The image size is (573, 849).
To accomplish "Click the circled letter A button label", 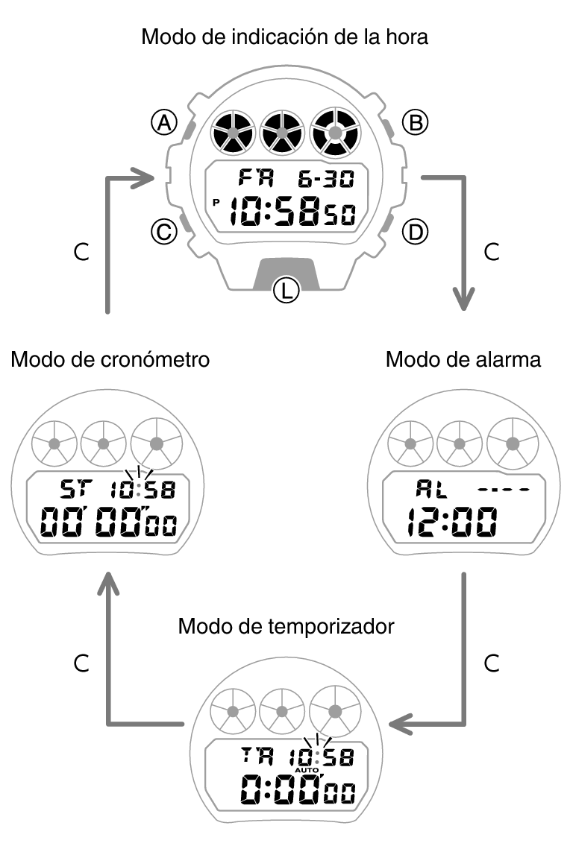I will [x=163, y=122].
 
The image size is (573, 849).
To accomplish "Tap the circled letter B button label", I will [x=415, y=122].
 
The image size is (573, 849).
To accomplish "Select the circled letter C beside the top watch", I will [x=163, y=233].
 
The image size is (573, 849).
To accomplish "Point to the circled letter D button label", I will [x=415, y=233].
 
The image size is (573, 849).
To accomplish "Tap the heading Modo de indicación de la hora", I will [x=285, y=37].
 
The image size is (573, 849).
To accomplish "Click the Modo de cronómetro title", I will [x=110, y=360].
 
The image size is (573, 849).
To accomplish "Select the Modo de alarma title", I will [x=463, y=360].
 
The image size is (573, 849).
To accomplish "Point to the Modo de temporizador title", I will [x=286, y=625].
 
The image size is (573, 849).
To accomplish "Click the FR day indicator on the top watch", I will [x=256, y=179].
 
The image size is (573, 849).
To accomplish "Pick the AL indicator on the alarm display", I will [x=428, y=490].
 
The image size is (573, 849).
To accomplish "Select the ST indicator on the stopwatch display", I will [x=73, y=490].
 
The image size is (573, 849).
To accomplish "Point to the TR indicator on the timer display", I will [x=258, y=757].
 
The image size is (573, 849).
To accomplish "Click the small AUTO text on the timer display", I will [x=307, y=769].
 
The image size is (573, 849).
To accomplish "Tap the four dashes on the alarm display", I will [x=503, y=490].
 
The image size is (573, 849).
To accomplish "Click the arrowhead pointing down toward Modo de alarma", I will [x=465, y=300].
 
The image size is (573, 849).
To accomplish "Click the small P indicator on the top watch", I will [x=216, y=202].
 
